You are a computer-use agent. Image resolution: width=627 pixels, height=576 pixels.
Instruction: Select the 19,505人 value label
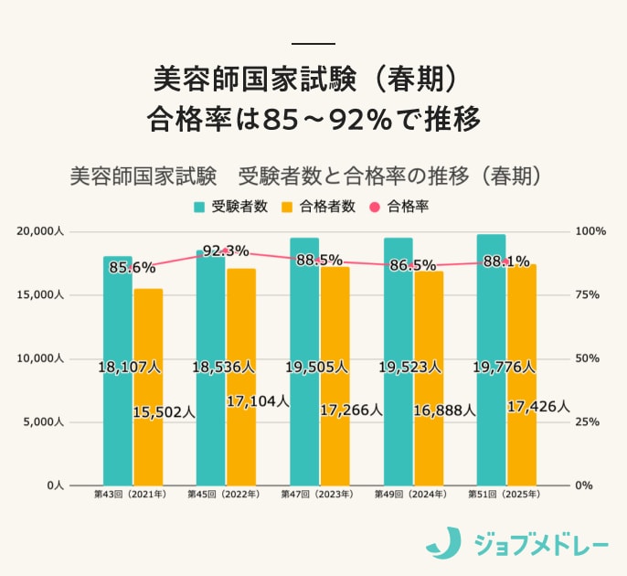click(316, 367)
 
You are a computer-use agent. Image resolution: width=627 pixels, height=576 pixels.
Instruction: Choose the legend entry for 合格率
click(399, 207)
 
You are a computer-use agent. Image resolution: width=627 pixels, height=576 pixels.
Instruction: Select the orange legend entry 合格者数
click(319, 207)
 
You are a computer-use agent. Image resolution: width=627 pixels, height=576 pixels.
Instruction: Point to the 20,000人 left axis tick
click(39, 231)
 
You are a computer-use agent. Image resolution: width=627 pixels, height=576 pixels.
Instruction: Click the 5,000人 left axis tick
click(42, 422)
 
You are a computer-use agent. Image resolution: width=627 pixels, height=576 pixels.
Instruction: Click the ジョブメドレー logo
click(516, 543)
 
